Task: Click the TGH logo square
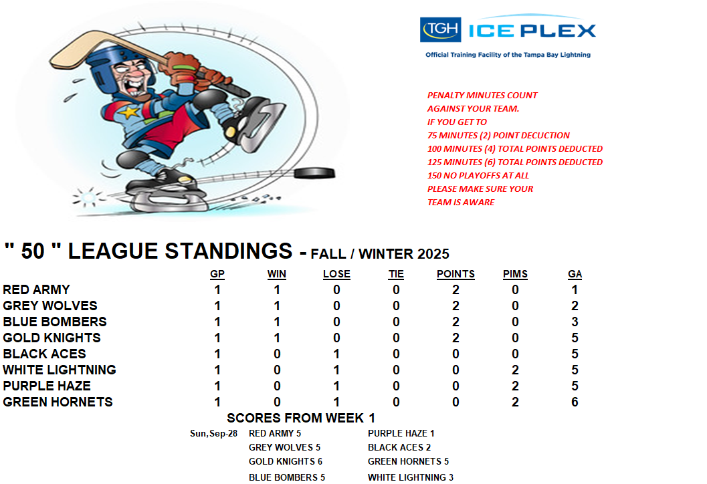tap(440, 29)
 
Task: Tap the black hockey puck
tap(314, 173)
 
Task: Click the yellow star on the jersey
tap(130, 112)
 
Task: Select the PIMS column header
tap(515, 274)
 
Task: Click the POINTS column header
tap(456, 274)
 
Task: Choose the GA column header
tap(575, 274)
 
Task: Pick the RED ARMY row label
tap(37, 289)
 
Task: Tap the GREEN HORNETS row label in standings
tap(58, 402)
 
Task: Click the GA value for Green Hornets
tap(575, 402)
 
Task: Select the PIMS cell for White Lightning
tap(515, 370)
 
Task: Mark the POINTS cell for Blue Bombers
tap(456, 322)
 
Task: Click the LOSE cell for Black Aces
tap(336, 354)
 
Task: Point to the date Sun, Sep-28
tap(213, 433)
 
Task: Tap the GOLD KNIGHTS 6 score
tap(286, 461)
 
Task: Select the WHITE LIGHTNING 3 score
tap(410, 477)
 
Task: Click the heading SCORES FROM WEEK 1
tap(301, 418)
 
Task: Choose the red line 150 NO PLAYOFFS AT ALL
tap(478, 175)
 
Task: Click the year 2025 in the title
tap(433, 254)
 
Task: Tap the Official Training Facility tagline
tap(508, 55)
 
